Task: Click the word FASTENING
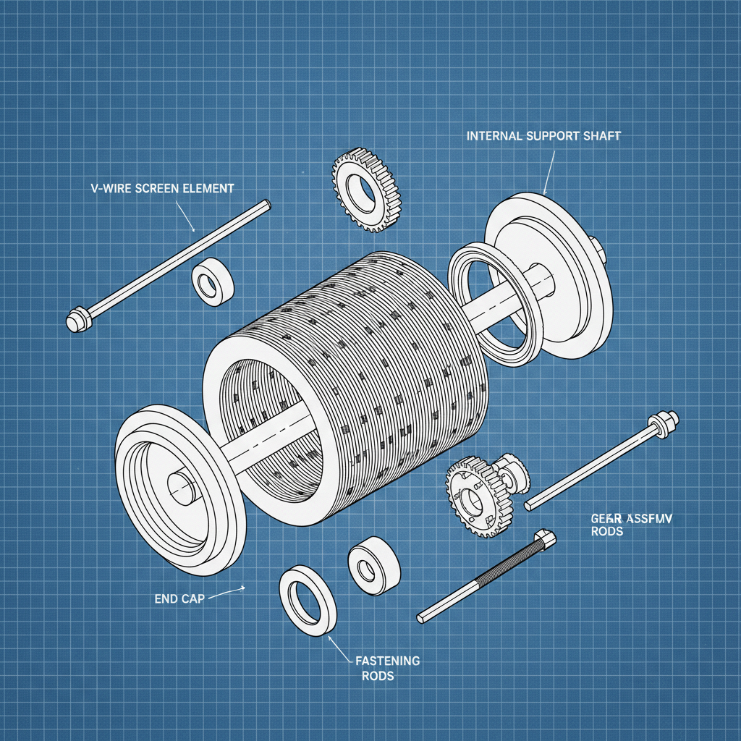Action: pyautogui.click(x=387, y=661)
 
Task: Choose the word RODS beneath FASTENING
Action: pyautogui.click(x=378, y=676)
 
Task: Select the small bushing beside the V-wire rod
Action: pyautogui.click(x=212, y=281)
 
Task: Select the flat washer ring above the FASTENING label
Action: pyautogui.click(x=308, y=600)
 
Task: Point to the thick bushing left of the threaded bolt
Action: pyautogui.click(x=373, y=565)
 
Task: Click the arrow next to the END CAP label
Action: pyautogui.click(x=233, y=590)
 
